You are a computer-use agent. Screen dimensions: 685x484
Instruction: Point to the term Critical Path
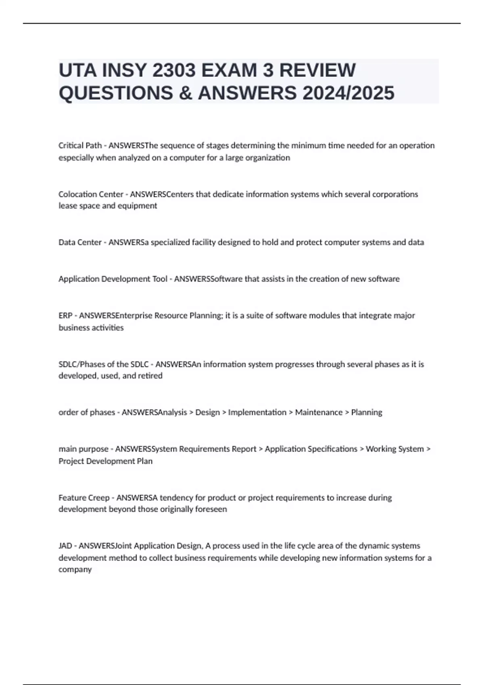tap(80, 145)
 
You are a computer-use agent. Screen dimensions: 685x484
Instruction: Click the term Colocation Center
tap(91, 194)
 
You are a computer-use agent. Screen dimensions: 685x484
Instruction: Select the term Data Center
tap(80, 242)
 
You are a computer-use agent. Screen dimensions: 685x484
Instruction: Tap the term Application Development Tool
tap(113, 279)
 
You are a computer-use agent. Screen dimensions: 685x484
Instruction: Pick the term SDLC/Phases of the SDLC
tap(104, 364)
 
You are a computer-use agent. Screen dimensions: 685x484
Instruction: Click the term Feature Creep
tap(84, 498)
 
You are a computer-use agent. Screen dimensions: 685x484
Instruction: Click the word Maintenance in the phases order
tap(319, 412)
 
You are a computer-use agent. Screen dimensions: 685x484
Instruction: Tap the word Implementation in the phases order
tap(257, 412)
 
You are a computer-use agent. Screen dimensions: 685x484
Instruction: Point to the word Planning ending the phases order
tap(367, 412)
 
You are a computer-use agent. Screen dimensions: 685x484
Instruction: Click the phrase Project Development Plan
tap(106, 461)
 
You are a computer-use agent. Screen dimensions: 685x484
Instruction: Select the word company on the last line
tap(75, 570)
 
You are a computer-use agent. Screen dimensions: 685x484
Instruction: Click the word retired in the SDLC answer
tap(150, 376)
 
